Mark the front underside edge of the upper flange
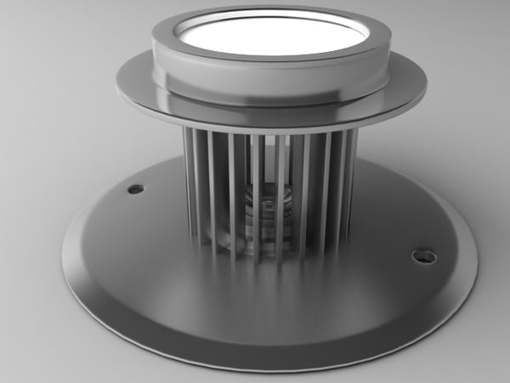(x=270, y=128)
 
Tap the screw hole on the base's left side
(x=135, y=188)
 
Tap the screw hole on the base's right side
(x=422, y=255)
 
